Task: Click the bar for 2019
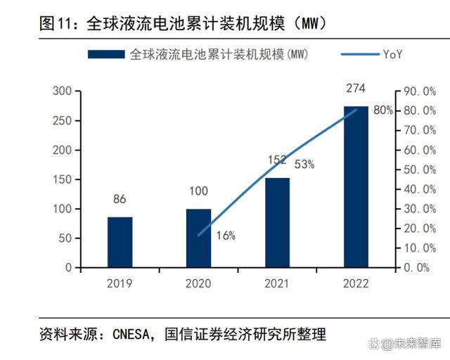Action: [120, 242]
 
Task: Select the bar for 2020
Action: [198, 238]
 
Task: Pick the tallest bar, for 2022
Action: [356, 187]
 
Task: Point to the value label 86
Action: [120, 200]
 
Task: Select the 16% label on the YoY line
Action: [225, 236]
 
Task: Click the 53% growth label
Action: [304, 165]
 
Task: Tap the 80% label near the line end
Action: [382, 110]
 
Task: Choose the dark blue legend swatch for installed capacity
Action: [106, 54]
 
